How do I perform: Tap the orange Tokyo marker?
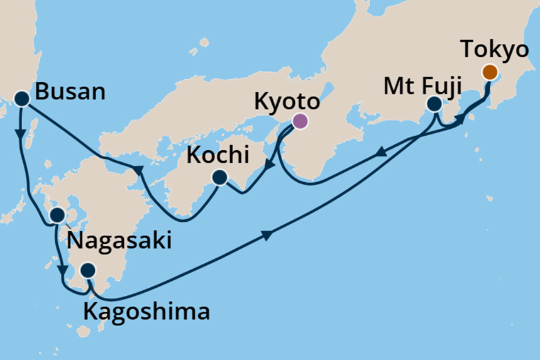tap(490, 72)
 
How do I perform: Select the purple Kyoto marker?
tap(300, 121)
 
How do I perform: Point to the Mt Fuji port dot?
tap(434, 104)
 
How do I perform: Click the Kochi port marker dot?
tap(219, 178)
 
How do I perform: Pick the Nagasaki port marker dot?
tap(57, 215)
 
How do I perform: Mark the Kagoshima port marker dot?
tap(89, 271)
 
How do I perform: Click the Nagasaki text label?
tap(119, 239)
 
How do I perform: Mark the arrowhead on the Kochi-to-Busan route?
tap(136, 169)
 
